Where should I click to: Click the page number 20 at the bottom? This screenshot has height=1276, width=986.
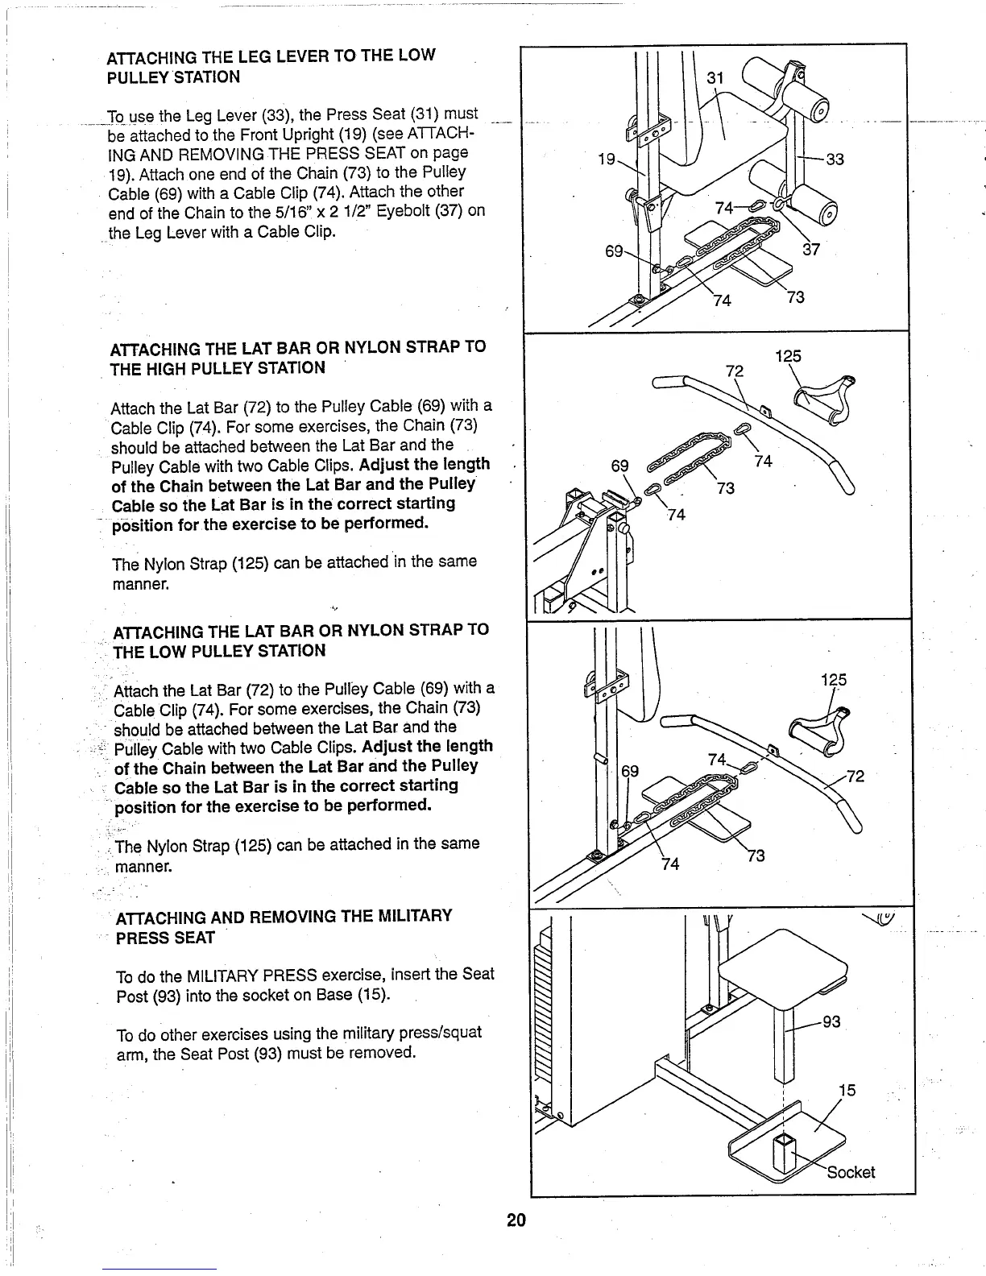coord(516,1220)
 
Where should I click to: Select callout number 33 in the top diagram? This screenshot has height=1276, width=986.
coord(835,159)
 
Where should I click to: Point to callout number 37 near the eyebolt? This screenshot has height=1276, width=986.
coord(811,250)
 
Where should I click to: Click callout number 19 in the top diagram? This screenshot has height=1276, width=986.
coord(607,159)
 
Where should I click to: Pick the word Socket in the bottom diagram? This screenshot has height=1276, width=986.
coord(851,1172)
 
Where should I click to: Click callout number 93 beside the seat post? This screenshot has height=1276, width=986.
coord(831,1022)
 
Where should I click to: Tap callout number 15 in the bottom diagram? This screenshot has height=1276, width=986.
coord(847,1091)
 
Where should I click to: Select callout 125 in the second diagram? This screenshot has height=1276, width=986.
coord(788,357)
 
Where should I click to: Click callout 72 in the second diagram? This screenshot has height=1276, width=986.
coord(734,371)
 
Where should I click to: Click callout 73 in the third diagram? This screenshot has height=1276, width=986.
coord(756,855)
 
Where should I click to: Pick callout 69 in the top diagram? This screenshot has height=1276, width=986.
coord(614,251)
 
